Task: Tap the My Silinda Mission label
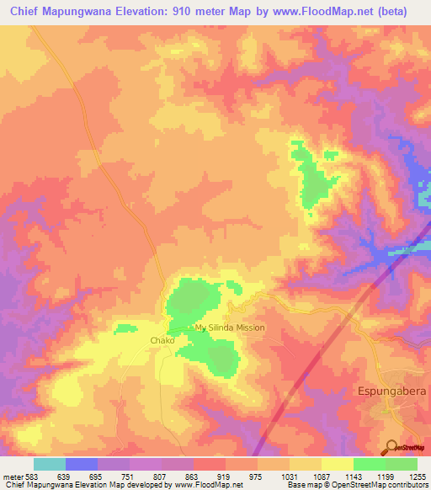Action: [230, 328]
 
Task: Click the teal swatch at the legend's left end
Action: [50, 464]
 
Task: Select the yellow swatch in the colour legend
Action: [337, 464]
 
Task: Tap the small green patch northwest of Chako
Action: [125, 327]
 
